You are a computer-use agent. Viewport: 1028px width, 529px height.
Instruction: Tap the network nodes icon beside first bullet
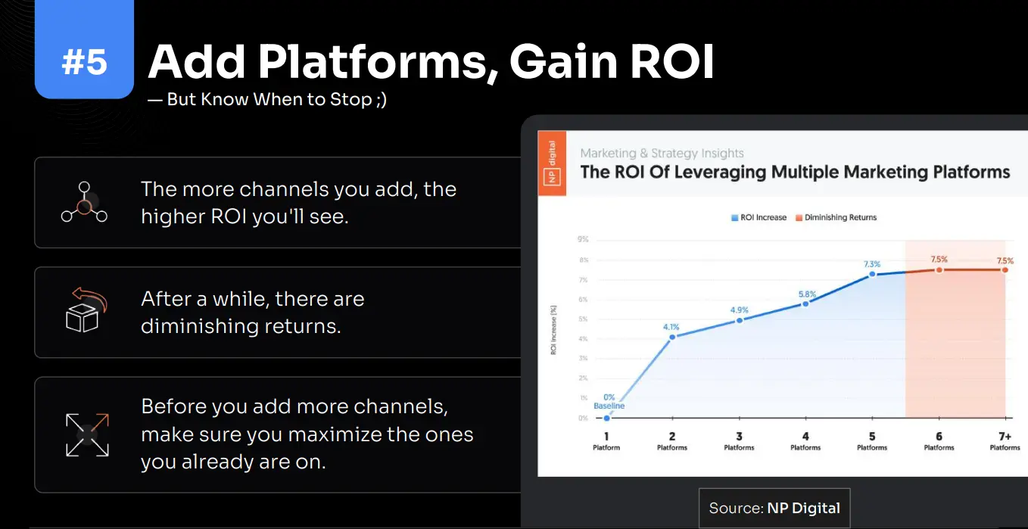[84, 202]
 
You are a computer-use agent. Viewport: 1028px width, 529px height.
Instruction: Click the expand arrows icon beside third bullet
[87, 434]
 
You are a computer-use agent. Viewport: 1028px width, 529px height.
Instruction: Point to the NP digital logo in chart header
[552, 163]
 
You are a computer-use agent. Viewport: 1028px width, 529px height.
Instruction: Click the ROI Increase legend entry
[759, 217]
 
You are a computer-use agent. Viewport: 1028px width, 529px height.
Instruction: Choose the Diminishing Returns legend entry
[836, 217]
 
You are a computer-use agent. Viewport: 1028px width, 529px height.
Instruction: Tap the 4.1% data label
[671, 327]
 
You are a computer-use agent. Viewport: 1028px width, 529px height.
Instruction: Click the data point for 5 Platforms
[872, 274]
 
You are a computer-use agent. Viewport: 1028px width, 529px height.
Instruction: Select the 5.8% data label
[805, 294]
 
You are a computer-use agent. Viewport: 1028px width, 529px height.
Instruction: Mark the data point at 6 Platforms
[939, 269]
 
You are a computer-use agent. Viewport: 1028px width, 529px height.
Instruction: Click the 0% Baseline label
[609, 402]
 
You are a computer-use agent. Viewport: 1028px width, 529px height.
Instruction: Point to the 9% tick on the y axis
[582, 240]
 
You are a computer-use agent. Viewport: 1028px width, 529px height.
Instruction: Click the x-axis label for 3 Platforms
[739, 441]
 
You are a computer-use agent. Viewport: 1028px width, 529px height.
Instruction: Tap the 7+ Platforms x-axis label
[1005, 441]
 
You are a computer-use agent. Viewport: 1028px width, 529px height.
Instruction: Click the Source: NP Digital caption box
[774, 508]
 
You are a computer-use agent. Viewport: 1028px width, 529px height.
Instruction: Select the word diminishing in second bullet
[193, 326]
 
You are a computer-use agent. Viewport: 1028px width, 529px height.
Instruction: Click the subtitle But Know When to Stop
[267, 99]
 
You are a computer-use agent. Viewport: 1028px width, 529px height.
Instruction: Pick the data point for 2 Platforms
[672, 337]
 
